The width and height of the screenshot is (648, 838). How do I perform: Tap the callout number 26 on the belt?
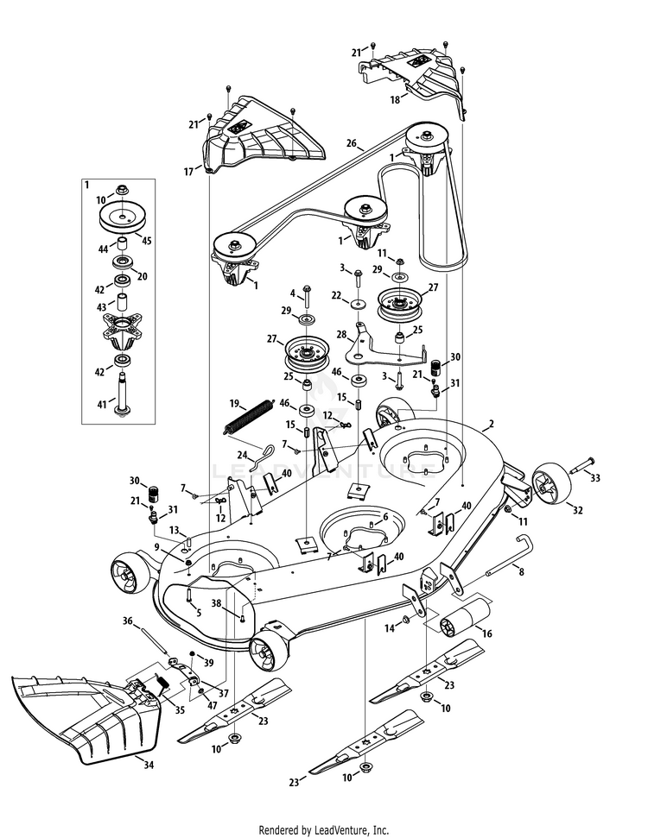pyautogui.click(x=352, y=143)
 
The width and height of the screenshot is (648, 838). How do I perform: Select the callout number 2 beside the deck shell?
pyautogui.click(x=491, y=424)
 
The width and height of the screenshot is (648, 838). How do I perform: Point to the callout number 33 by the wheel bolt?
pyautogui.click(x=594, y=476)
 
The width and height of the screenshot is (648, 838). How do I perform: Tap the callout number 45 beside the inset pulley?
pyautogui.click(x=146, y=241)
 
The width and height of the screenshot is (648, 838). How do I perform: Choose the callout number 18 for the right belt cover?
pyautogui.click(x=395, y=100)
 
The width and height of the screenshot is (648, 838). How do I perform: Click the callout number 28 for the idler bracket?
pyautogui.click(x=341, y=333)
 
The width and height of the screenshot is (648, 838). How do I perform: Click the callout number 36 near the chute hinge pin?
pyautogui.click(x=127, y=620)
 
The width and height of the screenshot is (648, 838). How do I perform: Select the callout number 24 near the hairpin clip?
pyautogui.click(x=242, y=455)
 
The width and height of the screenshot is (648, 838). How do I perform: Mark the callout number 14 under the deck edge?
pyautogui.click(x=391, y=628)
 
